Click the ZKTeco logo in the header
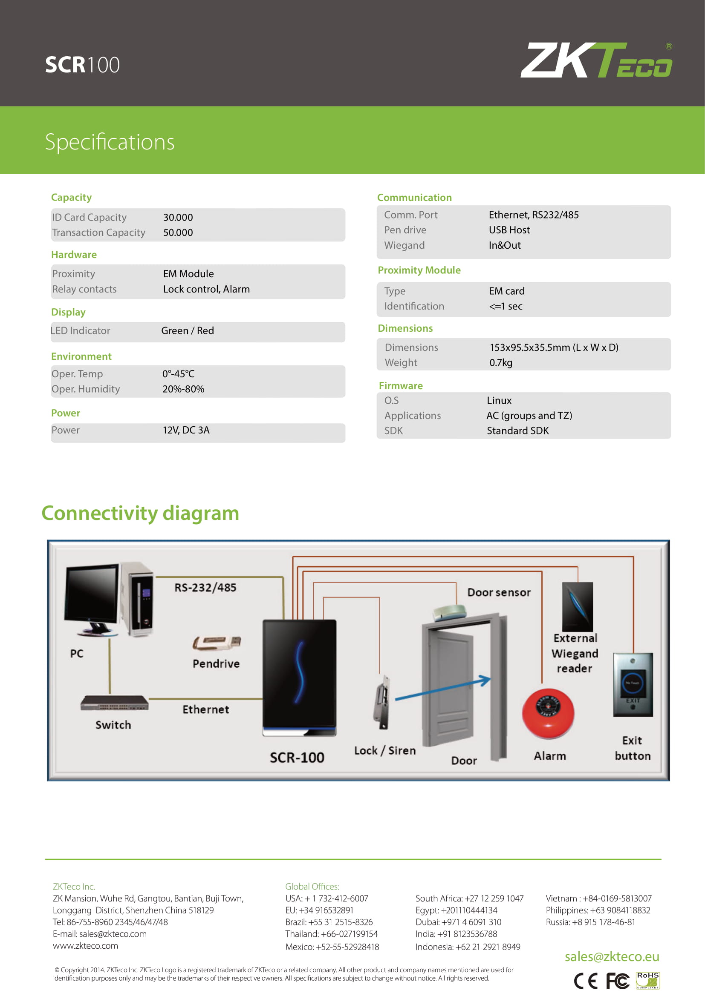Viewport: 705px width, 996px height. tap(596, 60)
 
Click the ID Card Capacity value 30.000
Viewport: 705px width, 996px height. tap(178, 217)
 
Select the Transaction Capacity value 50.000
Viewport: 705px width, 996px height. tap(178, 232)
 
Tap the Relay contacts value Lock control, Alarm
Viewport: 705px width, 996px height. tap(206, 289)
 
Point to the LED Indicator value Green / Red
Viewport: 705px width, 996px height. tap(188, 330)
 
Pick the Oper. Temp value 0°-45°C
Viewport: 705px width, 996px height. tap(179, 373)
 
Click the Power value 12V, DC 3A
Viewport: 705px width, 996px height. tap(186, 430)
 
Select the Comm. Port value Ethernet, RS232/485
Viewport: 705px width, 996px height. tap(534, 215)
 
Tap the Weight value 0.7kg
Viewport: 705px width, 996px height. tap(501, 362)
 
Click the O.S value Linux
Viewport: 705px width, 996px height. tap(499, 400)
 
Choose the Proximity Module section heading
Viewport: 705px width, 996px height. tap(419, 270)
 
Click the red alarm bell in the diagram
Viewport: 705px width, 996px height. tap(548, 713)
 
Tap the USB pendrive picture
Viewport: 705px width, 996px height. tap(216, 643)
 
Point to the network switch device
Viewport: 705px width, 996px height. tap(114, 702)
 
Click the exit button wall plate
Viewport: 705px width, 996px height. tap(633, 685)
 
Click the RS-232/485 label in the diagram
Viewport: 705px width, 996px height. tap(205, 588)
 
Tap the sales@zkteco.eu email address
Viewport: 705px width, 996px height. tap(612, 956)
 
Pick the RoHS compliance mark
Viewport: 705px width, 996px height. tap(648, 980)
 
